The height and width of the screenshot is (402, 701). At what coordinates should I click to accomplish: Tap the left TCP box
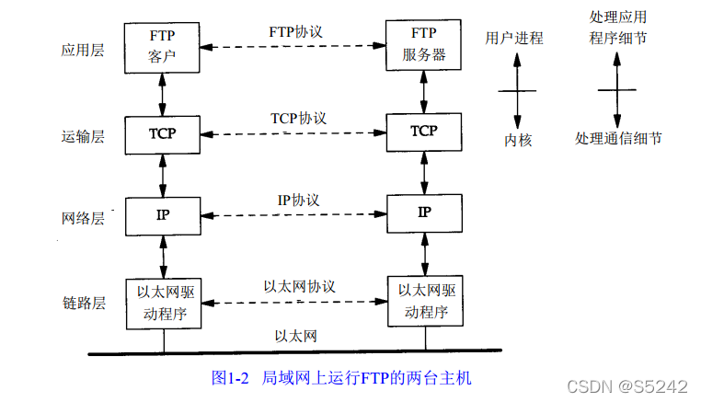162,133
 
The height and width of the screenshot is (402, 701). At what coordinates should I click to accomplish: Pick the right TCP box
423,132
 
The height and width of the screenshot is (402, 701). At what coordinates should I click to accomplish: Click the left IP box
162,214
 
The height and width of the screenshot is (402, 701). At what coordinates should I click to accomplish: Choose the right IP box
424,212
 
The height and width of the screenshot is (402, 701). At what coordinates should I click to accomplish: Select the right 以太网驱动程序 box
424,302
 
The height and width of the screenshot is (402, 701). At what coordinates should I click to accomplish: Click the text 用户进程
514,39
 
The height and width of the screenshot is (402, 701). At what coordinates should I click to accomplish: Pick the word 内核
518,140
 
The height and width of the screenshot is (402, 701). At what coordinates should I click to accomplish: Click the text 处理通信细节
618,138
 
